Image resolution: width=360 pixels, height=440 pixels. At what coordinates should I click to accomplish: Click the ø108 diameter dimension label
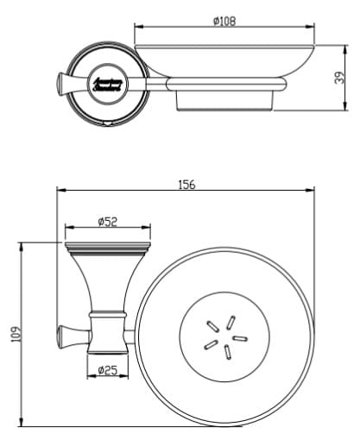(x=224, y=21)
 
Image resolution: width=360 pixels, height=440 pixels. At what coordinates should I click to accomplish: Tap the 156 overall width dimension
(x=186, y=184)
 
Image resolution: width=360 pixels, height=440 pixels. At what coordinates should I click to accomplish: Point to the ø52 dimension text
(x=107, y=222)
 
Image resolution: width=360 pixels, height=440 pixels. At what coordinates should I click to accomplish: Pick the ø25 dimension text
(x=108, y=369)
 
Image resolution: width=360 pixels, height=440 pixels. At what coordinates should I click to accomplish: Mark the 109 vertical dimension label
(x=16, y=333)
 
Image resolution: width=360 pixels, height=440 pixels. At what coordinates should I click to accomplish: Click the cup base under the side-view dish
(x=225, y=98)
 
